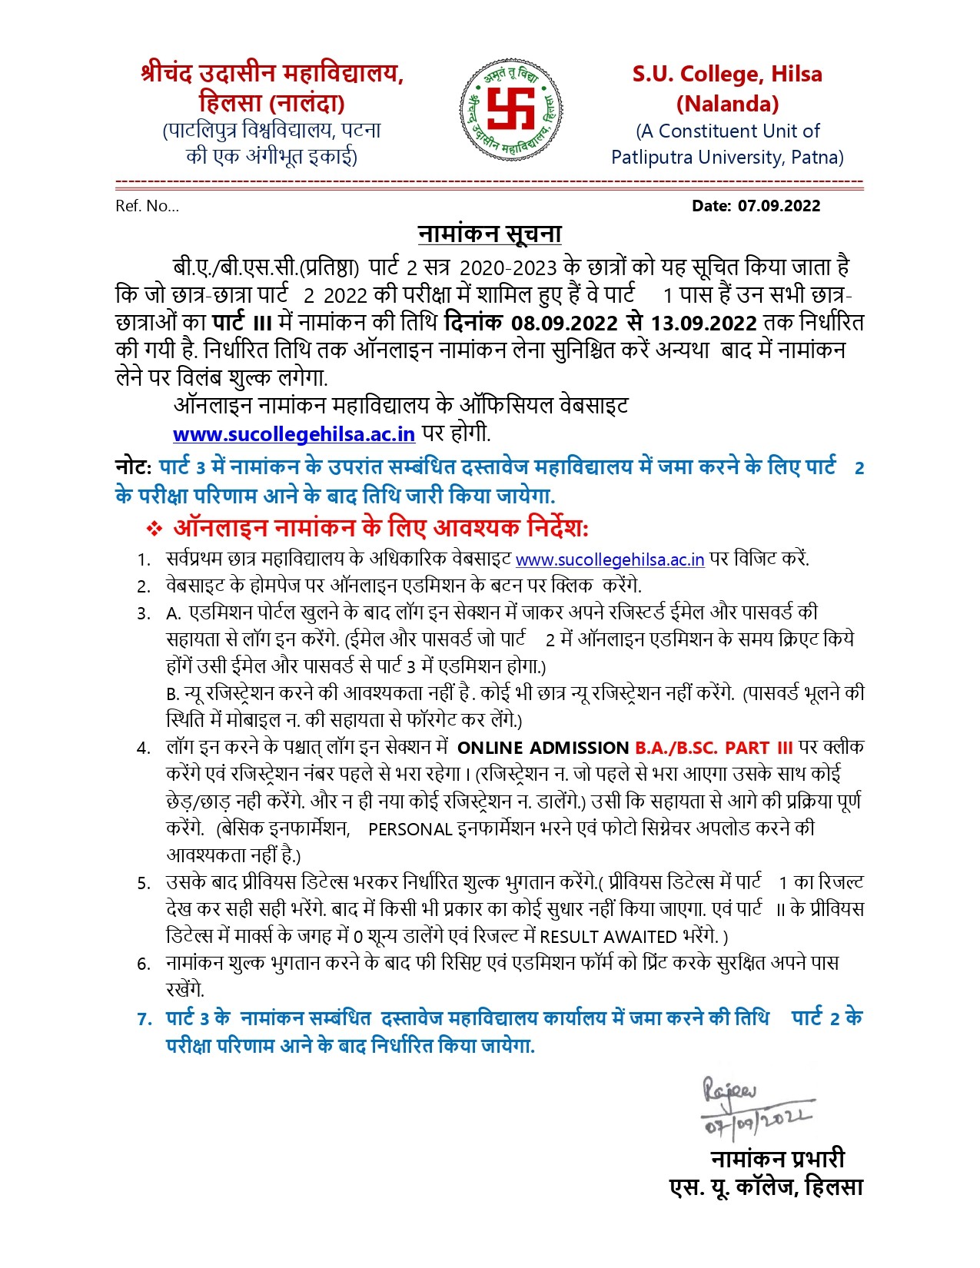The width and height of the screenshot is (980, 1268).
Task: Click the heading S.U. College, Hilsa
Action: pos(727,75)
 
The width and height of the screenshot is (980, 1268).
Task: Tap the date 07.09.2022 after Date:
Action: pos(779,206)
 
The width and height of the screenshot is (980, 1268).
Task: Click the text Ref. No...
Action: pos(147,206)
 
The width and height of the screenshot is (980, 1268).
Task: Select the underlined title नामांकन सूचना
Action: pos(490,234)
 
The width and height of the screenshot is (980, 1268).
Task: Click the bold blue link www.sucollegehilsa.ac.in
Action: pos(294,434)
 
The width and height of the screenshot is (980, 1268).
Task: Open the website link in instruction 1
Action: pos(610,559)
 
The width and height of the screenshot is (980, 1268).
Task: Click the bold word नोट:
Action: pos(133,467)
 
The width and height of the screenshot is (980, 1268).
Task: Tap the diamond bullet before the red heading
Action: pos(154,529)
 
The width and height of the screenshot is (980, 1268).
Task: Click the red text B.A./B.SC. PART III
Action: pos(713,748)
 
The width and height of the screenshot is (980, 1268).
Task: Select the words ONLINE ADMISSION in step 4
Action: pos(543,748)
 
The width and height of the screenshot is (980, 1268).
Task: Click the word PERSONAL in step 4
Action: pos(410,830)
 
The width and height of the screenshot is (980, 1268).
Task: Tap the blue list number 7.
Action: pos(144,1019)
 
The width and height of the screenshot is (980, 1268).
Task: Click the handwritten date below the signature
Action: pos(757,1121)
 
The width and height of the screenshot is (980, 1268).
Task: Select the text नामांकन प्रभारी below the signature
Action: pos(777,1158)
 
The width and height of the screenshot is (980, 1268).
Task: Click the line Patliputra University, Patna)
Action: pos(727,158)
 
